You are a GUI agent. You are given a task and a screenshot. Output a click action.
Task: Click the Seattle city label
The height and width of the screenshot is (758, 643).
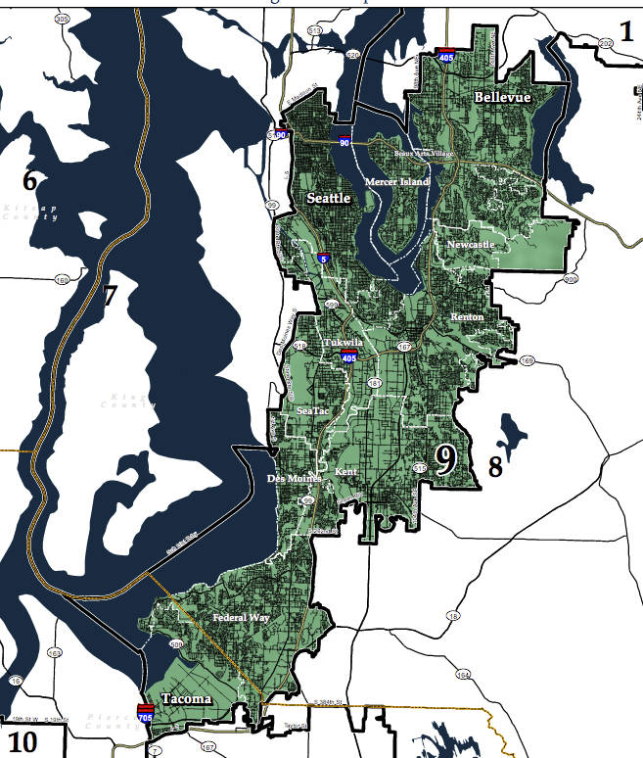pyautogui.click(x=329, y=198)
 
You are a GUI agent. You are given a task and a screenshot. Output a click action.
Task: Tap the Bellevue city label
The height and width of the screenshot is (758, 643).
pyautogui.click(x=502, y=98)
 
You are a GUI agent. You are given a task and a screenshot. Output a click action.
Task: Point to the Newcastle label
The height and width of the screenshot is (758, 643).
pyautogui.click(x=471, y=244)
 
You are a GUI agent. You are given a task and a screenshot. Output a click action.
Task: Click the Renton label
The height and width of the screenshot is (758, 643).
pyautogui.click(x=467, y=317)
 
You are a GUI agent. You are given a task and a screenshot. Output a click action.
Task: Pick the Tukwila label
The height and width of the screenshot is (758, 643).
pyautogui.click(x=343, y=343)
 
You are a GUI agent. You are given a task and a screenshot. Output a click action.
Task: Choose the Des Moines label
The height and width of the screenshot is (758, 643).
pyautogui.click(x=295, y=479)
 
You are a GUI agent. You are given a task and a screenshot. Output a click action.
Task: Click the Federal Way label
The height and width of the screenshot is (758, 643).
pyautogui.click(x=241, y=618)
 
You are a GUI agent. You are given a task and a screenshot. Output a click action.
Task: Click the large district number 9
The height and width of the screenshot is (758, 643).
pyautogui.click(x=445, y=459)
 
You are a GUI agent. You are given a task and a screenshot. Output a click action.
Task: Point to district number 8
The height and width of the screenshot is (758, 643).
pyautogui.click(x=495, y=466)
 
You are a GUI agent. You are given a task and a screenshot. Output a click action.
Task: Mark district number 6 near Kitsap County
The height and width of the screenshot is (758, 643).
pyautogui.click(x=29, y=180)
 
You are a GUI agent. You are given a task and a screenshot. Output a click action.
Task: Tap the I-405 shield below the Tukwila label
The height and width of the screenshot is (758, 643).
pyautogui.click(x=348, y=357)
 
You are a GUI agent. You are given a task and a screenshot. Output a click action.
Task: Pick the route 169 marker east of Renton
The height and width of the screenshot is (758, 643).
pyautogui.click(x=528, y=360)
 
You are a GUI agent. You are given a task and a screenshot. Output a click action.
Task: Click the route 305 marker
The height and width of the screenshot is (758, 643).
pyautogui.click(x=63, y=20)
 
